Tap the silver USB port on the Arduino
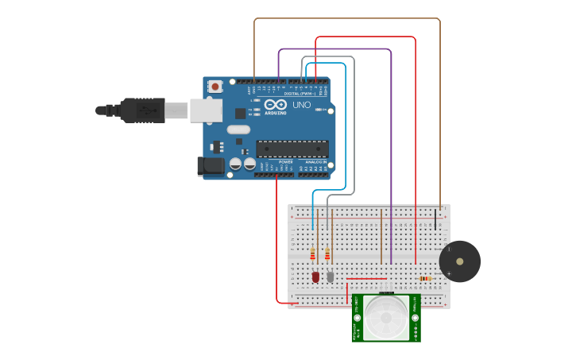[206, 110]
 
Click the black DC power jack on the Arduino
[210, 166]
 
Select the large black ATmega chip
[292, 149]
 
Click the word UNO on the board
[302, 105]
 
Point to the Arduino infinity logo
[276, 105]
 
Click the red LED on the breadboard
[315, 277]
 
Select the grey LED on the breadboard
[330, 276]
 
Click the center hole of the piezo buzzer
[460, 261]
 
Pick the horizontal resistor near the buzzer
[426, 278]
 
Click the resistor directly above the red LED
[313, 254]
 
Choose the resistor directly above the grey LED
[327, 254]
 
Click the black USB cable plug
[143, 110]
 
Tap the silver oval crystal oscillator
[238, 130]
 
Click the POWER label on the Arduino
[285, 161]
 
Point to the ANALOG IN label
[315, 161]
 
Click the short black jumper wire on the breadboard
[435, 218]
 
